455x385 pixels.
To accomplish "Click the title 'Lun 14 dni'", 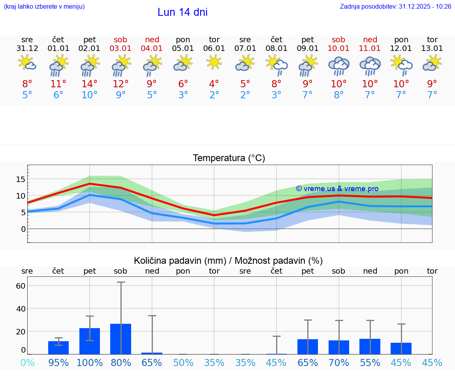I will pyautogui.click(x=182, y=12).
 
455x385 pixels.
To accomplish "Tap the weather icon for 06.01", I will pyautogui.click(x=214, y=62).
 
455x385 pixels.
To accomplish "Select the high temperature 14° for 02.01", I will pyautogui.click(x=90, y=84).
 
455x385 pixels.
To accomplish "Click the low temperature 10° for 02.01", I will pyautogui.click(x=90, y=95).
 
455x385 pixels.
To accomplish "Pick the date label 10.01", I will pyautogui.click(x=338, y=49).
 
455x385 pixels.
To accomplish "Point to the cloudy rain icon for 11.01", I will pyautogui.click(x=370, y=66).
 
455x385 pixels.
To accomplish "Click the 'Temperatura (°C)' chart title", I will pyautogui.click(x=229, y=158).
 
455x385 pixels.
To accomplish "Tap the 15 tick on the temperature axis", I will pyautogui.click(x=21, y=179).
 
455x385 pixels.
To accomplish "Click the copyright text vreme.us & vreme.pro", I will pyautogui.click(x=337, y=189).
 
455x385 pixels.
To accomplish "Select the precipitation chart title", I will pyautogui.click(x=228, y=261).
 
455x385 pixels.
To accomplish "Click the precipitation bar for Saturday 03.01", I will pyautogui.click(x=121, y=339).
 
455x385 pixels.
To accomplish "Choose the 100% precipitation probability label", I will pyautogui.click(x=90, y=362).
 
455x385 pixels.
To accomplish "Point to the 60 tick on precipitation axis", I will pyautogui.click(x=21, y=285).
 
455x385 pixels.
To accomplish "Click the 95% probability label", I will pyautogui.click(x=58, y=362).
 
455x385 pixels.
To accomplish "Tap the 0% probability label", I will pyautogui.click(x=27, y=362).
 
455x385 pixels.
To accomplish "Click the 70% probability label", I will pyautogui.click(x=338, y=362).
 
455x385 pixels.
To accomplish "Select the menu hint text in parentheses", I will pyautogui.click(x=44, y=7).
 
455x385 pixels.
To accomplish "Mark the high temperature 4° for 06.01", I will pyautogui.click(x=214, y=84).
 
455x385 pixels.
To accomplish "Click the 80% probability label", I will pyautogui.click(x=121, y=362).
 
